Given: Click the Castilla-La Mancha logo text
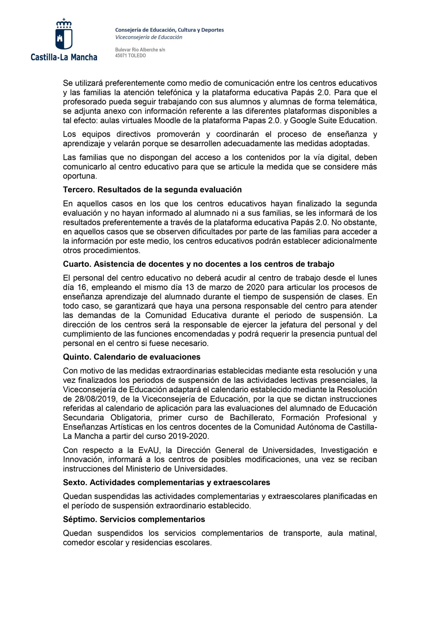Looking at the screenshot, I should (64, 57).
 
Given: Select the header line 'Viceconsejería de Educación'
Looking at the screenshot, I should (149, 37).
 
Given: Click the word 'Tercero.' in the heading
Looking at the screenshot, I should (79, 190).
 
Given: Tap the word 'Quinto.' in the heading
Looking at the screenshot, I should (77, 357).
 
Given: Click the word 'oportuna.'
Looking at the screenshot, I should (80, 176).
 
